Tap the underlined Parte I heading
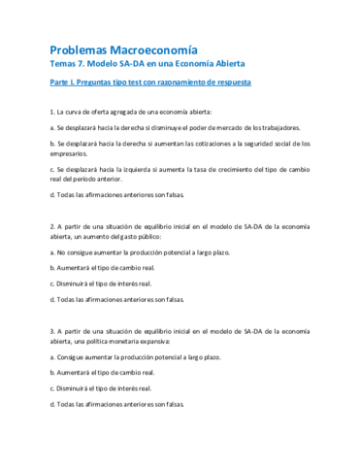point(149,83)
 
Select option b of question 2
point(107,267)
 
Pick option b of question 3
point(107,373)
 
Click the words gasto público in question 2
point(140,236)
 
